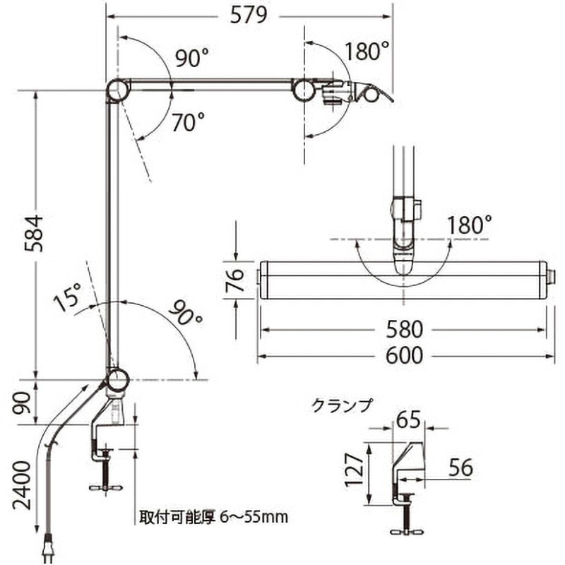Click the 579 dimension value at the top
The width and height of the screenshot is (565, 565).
point(249,16)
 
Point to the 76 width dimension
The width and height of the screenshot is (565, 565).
point(237,279)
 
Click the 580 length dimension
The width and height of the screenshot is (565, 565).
point(404,330)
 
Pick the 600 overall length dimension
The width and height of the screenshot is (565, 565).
point(404,355)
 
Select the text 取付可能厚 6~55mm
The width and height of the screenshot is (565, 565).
point(211,517)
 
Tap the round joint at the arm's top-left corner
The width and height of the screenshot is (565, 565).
point(117,90)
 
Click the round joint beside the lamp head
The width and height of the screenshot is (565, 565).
point(305,90)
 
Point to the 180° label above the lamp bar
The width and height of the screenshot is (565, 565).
point(469,225)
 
